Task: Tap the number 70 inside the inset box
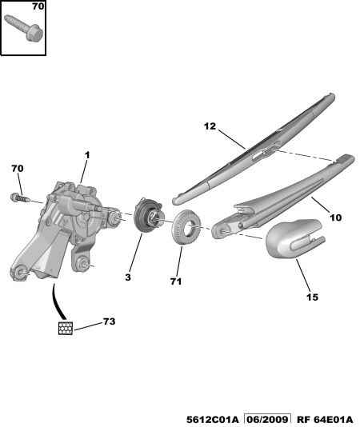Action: pos(38,6)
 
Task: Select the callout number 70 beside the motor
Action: pos(18,169)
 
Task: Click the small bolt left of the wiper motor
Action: pos(19,197)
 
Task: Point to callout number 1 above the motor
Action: pos(87,155)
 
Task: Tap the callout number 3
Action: pos(128,277)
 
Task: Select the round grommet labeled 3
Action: pos(148,215)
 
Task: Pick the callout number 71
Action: pos(176,281)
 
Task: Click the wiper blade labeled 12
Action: pos(254,149)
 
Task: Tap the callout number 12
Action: pos(210,126)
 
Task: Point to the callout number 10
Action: pos(335,217)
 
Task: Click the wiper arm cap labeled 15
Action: pos(294,238)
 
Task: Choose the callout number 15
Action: pos(312,297)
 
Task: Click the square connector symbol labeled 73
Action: pos(66,328)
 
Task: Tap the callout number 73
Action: pos(109,321)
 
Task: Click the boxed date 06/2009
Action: pos(267,420)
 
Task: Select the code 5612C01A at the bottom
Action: pos(213,420)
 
